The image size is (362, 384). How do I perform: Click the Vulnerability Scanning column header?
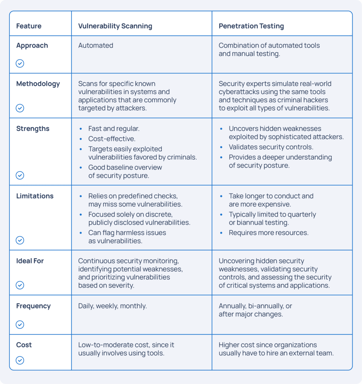click(115, 26)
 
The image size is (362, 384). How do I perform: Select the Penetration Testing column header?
click(251, 26)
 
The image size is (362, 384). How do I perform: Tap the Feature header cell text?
click(29, 26)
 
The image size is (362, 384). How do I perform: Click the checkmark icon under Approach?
click(20, 63)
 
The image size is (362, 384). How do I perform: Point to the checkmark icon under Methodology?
click(20, 108)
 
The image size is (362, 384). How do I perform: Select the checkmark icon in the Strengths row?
click(20, 175)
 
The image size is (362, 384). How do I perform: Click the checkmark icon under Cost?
click(20, 360)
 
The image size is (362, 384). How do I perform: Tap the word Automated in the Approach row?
click(95, 45)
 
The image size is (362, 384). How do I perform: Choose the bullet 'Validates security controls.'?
click(271, 147)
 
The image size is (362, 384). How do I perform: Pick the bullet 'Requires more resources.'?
click(268, 232)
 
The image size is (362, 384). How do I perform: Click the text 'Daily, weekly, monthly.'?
click(112, 306)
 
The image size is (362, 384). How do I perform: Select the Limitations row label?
click(35, 196)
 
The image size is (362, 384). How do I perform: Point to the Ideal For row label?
click(30, 261)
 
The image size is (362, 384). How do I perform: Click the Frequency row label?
click(33, 306)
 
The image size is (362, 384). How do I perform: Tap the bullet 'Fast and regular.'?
click(114, 129)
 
